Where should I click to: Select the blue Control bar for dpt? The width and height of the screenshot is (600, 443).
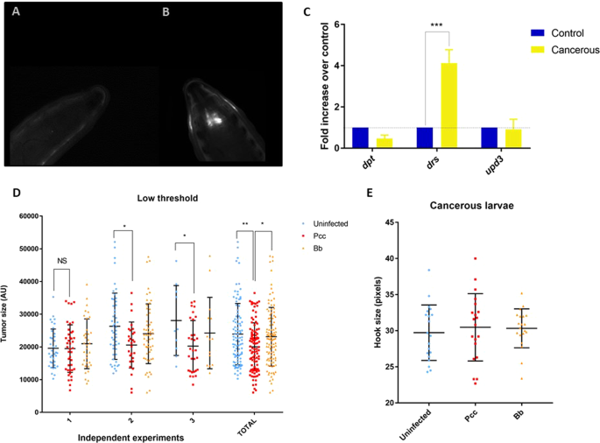[x=359, y=138]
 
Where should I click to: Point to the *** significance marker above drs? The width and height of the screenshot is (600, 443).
[x=435, y=27]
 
